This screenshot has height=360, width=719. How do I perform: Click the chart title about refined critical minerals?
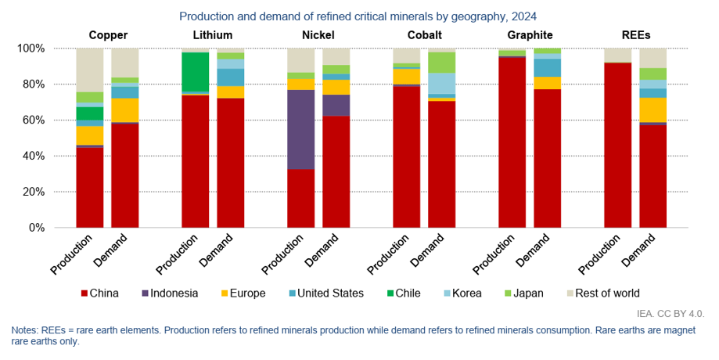coord(358,16)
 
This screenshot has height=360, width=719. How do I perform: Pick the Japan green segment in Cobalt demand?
coord(442,63)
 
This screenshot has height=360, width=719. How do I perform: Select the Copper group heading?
coord(108,35)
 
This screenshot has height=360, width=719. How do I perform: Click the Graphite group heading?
coord(530,35)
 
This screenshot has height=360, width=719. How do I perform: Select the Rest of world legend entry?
coord(602,293)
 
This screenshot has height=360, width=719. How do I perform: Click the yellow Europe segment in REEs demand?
coord(653,110)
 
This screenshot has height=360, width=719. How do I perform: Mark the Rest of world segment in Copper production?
coord(90,70)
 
